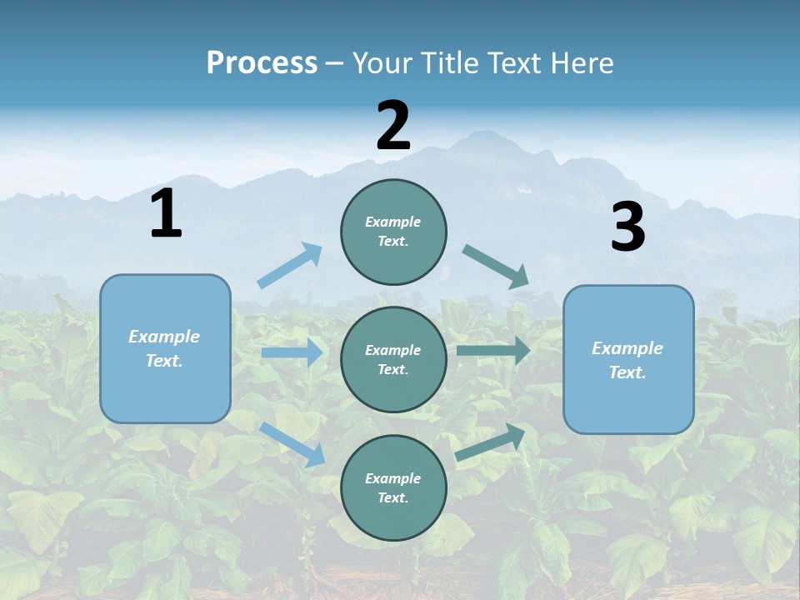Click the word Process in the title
click(262, 63)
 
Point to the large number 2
click(393, 126)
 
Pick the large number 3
click(627, 227)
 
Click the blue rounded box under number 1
click(165, 348)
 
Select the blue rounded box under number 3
click(628, 359)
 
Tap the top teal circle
click(393, 232)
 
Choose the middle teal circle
click(393, 359)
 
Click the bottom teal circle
click(393, 487)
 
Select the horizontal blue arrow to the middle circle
click(292, 352)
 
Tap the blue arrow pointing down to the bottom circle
click(292, 443)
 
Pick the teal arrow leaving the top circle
click(496, 266)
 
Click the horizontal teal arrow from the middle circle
click(493, 351)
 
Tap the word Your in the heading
click(382, 63)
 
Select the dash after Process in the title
click(335, 64)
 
